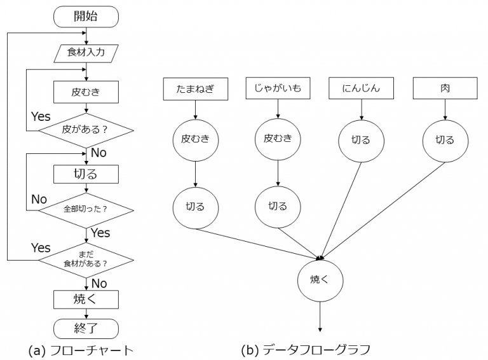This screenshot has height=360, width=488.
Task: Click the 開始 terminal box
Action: coord(86,17)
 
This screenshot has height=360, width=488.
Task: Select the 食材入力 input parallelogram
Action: coord(86,52)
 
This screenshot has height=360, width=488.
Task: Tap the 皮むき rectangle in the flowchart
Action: coord(86,92)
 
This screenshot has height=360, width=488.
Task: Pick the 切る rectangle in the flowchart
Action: coord(86,172)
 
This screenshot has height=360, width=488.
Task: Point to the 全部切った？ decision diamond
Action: coord(86,209)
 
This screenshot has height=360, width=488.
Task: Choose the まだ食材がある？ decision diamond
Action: coord(86,260)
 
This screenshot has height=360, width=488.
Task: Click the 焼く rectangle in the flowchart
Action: coord(86,298)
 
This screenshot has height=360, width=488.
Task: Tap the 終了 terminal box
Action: coord(86,328)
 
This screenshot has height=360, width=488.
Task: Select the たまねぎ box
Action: coord(196,89)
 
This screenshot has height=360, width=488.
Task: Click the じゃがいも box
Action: coord(278,89)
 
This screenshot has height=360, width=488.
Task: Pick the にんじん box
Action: coord(362,89)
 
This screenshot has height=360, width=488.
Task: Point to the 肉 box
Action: coord(445,89)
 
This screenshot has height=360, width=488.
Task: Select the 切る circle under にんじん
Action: coord(362,140)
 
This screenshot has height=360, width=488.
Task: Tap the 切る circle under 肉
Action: coord(445,140)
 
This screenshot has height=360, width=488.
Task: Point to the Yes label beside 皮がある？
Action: coord(41,117)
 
